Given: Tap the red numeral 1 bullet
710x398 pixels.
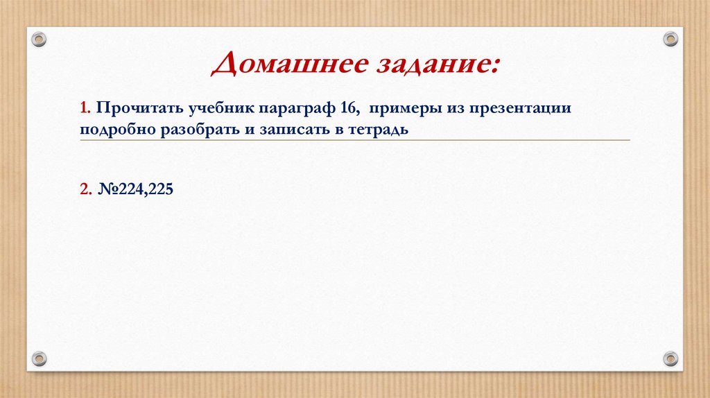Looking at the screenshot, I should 83,109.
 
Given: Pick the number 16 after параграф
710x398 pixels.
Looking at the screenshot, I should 348,109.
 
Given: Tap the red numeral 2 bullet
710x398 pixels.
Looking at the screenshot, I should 84,188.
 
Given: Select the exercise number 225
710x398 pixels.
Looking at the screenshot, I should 161,188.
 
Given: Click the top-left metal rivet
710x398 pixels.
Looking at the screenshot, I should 39,39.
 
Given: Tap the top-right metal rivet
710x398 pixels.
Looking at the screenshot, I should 670,39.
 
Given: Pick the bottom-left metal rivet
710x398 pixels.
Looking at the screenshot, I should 39,358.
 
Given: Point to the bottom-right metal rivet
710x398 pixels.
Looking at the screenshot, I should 670,358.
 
